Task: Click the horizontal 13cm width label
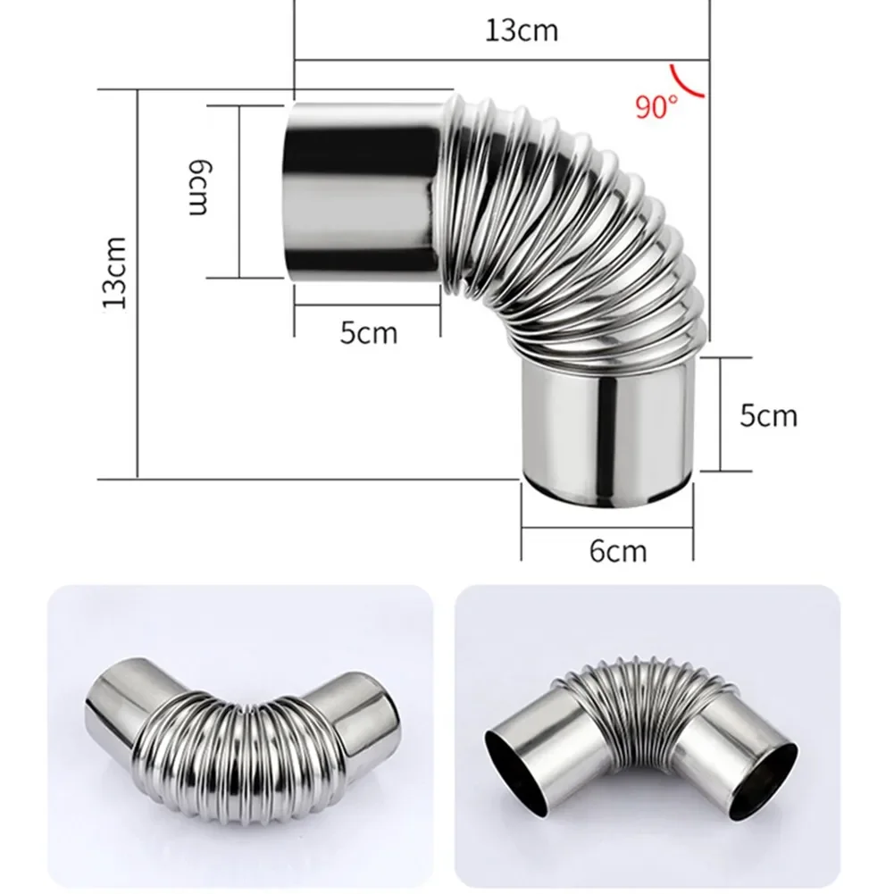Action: [522, 29]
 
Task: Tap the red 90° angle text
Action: [656, 107]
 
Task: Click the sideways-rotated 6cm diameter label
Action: [198, 188]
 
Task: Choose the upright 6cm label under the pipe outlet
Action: [617, 550]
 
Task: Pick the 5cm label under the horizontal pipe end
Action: [368, 333]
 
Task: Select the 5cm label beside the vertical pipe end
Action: [768, 415]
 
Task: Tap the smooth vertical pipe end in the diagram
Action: [607, 420]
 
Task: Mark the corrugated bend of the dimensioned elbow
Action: [572, 232]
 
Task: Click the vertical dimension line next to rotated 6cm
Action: [240, 190]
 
